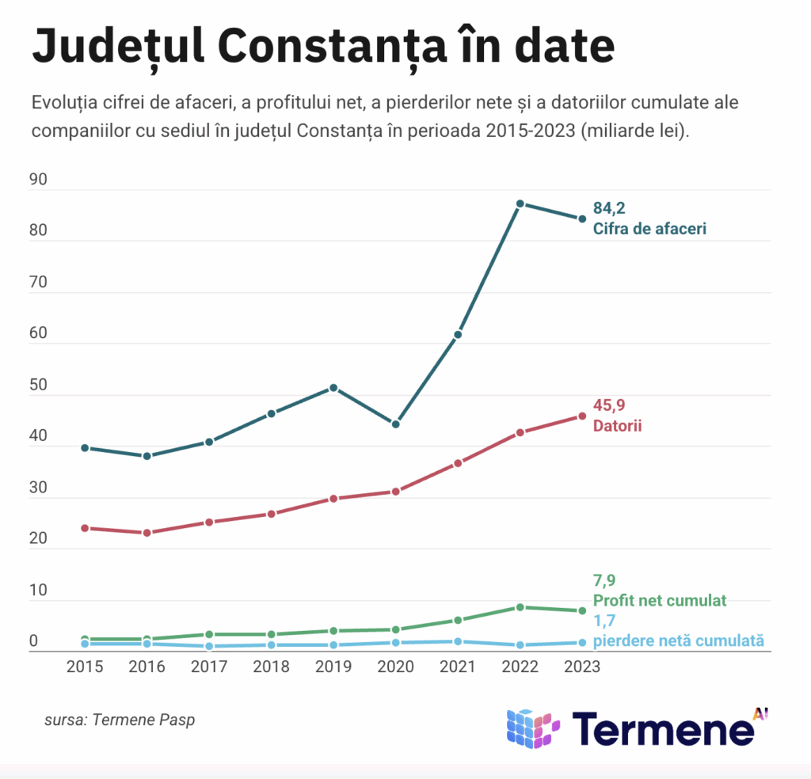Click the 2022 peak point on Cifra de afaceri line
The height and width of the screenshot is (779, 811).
[x=520, y=203]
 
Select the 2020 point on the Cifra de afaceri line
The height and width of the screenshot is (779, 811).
[x=395, y=424]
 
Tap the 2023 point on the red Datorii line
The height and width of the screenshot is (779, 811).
[x=582, y=416]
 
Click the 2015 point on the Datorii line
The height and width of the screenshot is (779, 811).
[x=85, y=528]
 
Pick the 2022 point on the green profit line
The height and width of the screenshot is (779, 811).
[x=520, y=607]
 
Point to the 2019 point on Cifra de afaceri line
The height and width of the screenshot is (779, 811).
[x=333, y=388]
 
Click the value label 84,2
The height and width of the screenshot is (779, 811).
[x=609, y=209]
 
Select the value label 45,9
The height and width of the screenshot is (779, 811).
[x=609, y=405]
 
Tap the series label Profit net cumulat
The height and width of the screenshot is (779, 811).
[x=659, y=600]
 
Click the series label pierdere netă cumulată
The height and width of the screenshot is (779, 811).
[x=679, y=640]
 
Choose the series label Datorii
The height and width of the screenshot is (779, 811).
[x=617, y=426]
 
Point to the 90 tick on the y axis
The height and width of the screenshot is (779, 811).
[x=38, y=180]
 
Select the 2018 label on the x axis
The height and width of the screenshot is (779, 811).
[x=272, y=667]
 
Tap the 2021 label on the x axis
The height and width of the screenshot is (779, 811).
[x=458, y=667]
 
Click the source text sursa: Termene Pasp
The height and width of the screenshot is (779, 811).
[x=120, y=720]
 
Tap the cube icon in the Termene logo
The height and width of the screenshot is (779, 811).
[x=532, y=728]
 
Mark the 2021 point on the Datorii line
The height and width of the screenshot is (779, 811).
[x=458, y=463]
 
